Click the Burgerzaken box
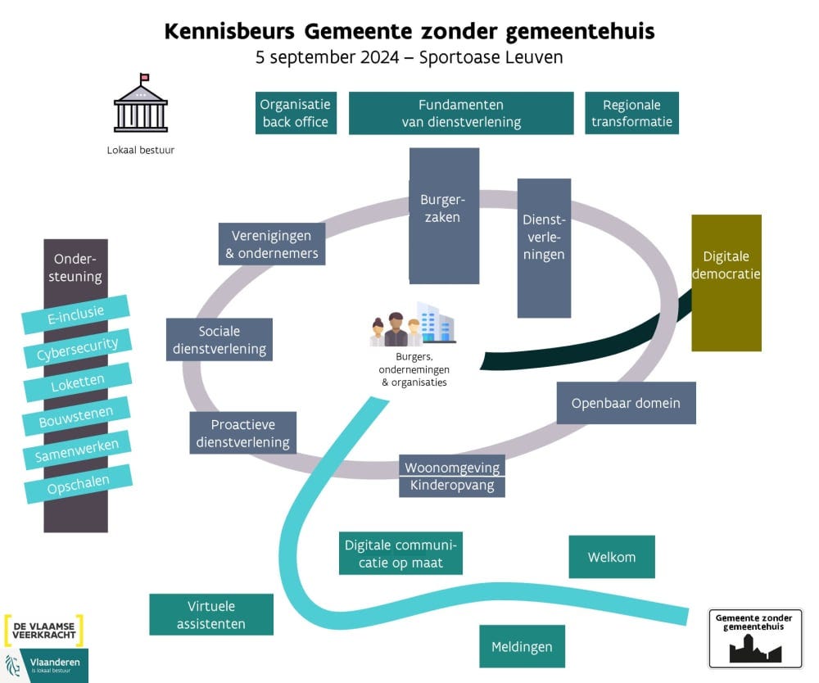click(x=444, y=215)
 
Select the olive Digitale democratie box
click(x=726, y=283)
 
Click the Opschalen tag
click(x=78, y=484)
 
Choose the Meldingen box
click(x=522, y=647)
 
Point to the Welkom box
click(x=612, y=557)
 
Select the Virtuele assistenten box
click(x=210, y=615)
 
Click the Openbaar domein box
click(x=626, y=403)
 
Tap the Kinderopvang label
click(x=451, y=486)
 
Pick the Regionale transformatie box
click(x=631, y=113)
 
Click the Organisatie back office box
click(x=295, y=113)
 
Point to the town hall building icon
click(x=141, y=104)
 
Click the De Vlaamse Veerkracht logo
click(x=44, y=630)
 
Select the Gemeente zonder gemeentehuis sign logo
click(x=755, y=638)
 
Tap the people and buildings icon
click(x=413, y=324)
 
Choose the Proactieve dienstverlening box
click(x=243, y=433)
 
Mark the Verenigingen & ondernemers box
click(x=272, y=244)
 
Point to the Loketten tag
click(x=78, y=383)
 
